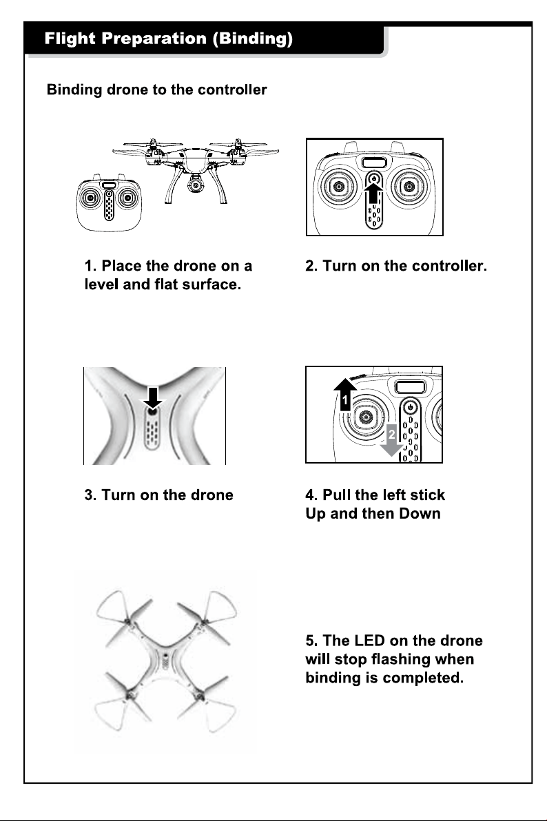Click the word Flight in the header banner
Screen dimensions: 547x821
pyautogui.click(x=70, y=38)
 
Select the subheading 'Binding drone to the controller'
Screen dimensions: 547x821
pyautogui.click(x=156, y=90)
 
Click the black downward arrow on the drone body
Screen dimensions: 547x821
pyautogui.click(x=152, y=397)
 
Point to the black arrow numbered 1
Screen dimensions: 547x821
pyautogui.click(x=344, y=394)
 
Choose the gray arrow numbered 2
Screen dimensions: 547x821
pyautogui.click(x=391, y=440)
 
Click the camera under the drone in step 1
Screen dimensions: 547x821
pyautogui.click(x=196, y=185)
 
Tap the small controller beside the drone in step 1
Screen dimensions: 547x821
pyautogui.click(x=109, y=202)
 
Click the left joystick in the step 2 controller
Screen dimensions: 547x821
pyautogui.click(x=339, y=187)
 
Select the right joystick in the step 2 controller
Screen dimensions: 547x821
pyautogui.click(x=409, y=187)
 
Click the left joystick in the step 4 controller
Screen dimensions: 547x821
pyautogui.click(x=364, y=417)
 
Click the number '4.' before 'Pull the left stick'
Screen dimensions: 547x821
pyautogui.click(x=311, y=495)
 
